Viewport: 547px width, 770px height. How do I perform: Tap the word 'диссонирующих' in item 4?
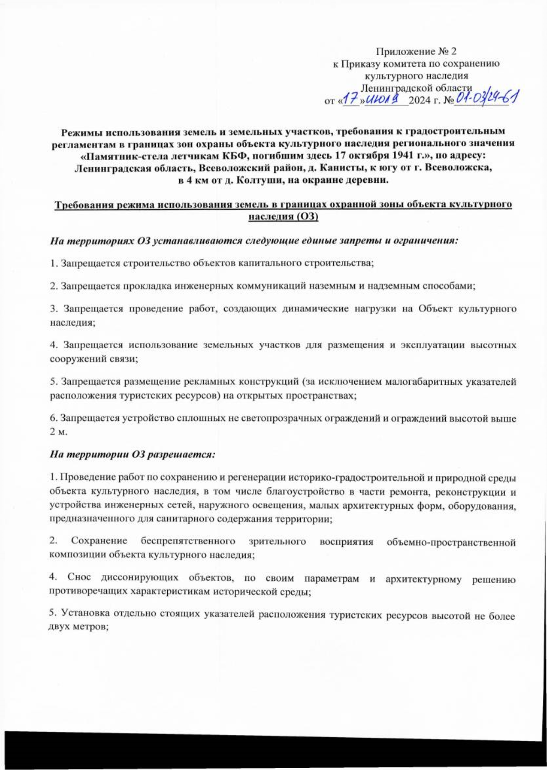click(x=139, y=579)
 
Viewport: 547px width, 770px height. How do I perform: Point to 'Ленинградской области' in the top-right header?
click(x=416, y=88)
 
